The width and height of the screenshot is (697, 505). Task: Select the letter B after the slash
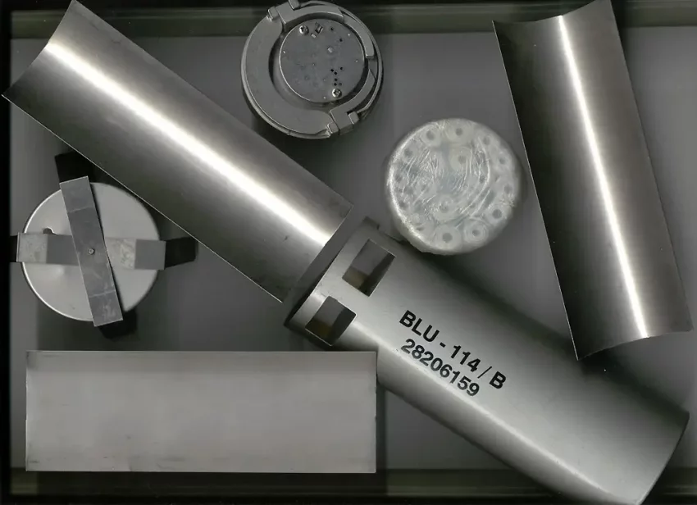(498, 380)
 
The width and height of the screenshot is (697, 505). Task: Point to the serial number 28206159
(440, 368)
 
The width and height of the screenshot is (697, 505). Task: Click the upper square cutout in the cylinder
(372, 267)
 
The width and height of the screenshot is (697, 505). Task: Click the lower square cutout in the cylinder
(332, 321)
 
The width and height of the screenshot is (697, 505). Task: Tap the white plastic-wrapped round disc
(453, 186)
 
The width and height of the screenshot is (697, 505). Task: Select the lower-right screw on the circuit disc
(337, 92)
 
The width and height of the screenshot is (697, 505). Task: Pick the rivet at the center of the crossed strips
(91, 251)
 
